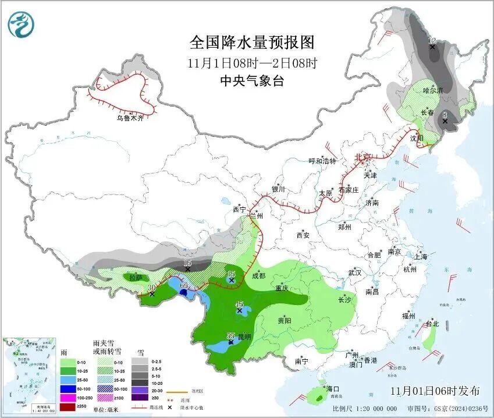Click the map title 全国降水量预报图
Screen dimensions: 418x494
click(x=252, y=42)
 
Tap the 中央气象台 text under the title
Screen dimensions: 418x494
click(x=252, y=81)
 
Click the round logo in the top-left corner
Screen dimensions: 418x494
click(x=22, y=24)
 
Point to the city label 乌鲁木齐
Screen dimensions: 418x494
click(x=130, y=118)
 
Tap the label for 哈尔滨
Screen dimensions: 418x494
click(x=432, y=90)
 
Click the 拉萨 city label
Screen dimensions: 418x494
click(x=136, y=278)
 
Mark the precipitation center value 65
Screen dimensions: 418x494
click(x=184, y=286)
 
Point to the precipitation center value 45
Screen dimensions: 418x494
click(x=239, y=304)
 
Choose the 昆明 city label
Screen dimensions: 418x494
click(x=244, y=336)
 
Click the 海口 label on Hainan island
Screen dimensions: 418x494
click(x=333, y=388)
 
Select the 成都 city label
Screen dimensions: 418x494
click(x=258, y=276)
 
